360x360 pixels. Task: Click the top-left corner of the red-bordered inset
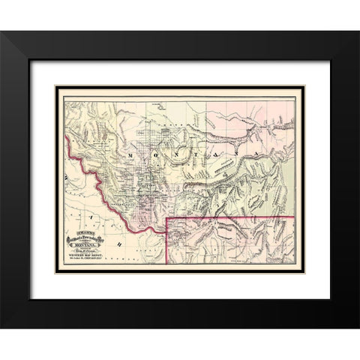166,217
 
